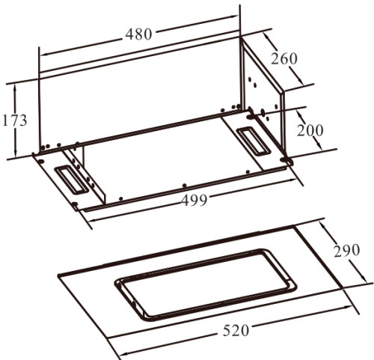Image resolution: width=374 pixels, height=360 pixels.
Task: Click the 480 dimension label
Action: tap(138, 34)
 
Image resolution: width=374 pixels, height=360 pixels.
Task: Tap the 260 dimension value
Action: tap(284, 59)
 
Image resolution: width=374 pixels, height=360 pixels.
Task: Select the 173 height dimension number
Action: tap(14, 120)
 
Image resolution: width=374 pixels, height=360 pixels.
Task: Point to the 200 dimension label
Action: tap(310, 130)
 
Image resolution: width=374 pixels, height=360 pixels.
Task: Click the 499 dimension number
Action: tap(194, 200)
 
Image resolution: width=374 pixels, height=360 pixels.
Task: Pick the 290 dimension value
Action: tap(347, 250)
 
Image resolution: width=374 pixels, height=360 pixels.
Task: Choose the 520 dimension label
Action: tap(236, 331)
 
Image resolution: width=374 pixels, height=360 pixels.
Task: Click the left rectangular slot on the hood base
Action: tap(70, 180)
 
